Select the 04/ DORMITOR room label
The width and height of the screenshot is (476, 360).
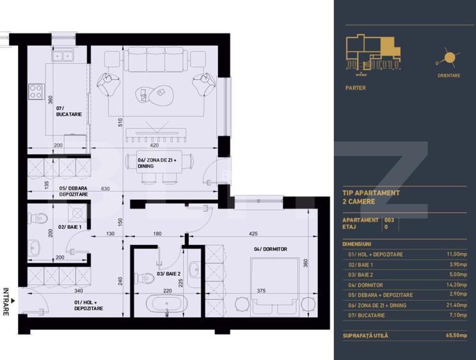coord(271,249)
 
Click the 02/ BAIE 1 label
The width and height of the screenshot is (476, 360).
coord(69,227)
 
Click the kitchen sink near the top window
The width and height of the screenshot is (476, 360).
coord(63,56)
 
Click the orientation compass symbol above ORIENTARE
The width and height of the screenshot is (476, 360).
coord(448,59)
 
